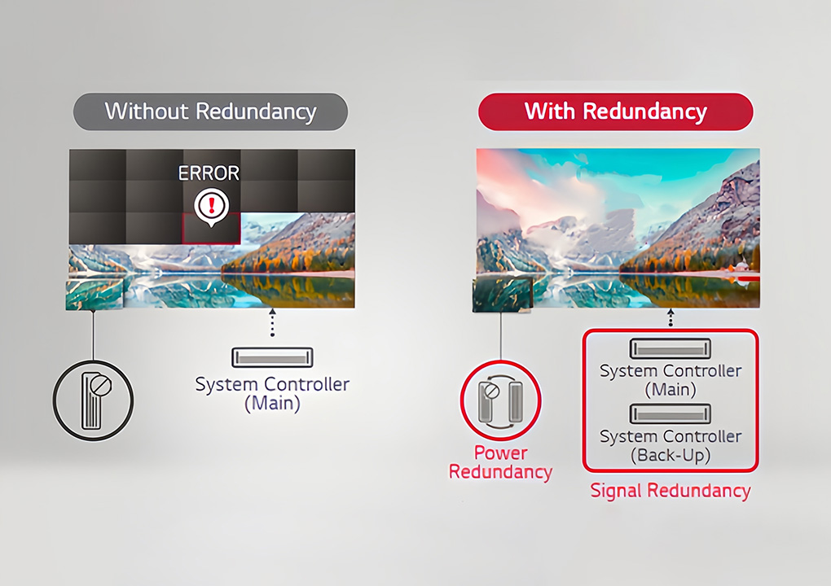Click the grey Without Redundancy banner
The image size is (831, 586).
[x=210, y=112]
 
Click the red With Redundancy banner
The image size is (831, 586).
[x=616, y=112]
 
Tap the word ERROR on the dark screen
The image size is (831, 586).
[x=209, y=173]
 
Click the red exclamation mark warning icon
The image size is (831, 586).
[x=212, y=207]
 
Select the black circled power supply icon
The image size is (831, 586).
[x=93, y=400]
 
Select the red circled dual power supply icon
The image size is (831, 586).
[x=500, y=400]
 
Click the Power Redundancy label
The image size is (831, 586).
[x=500, y=462]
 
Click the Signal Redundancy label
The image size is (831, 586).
[x=671, y=490]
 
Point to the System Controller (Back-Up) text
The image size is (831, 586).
[x=671, y=446]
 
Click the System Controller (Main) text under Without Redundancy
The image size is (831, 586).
[x=272, y=393]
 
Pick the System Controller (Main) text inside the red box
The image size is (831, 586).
[x=671, y=380]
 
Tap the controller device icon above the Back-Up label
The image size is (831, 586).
[x=671, y=414]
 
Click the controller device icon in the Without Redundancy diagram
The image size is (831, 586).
[x=272, y=357]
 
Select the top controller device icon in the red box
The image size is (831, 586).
[x=671, y=349]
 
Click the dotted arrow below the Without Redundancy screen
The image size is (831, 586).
[x=272, y=322]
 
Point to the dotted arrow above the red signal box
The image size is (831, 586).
[x=671, y=317]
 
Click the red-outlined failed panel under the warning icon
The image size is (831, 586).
[x=211, y=229]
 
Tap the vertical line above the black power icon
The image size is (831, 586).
[x=93, y=335]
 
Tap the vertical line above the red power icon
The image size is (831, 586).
[x=501, y=336]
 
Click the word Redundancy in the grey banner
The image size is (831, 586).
[x=256, y=112]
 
